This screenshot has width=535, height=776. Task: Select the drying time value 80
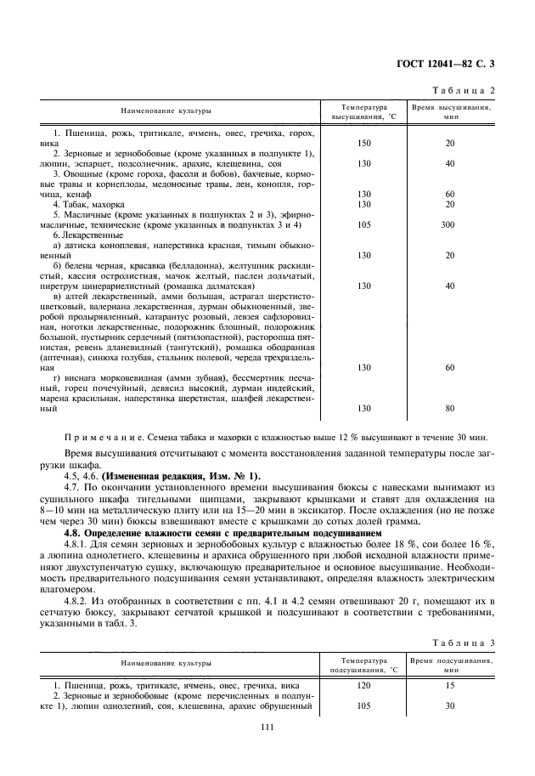point(450,408)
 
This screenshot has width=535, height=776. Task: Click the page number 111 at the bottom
point(267,727)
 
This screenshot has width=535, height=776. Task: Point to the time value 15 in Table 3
point(450,684)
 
